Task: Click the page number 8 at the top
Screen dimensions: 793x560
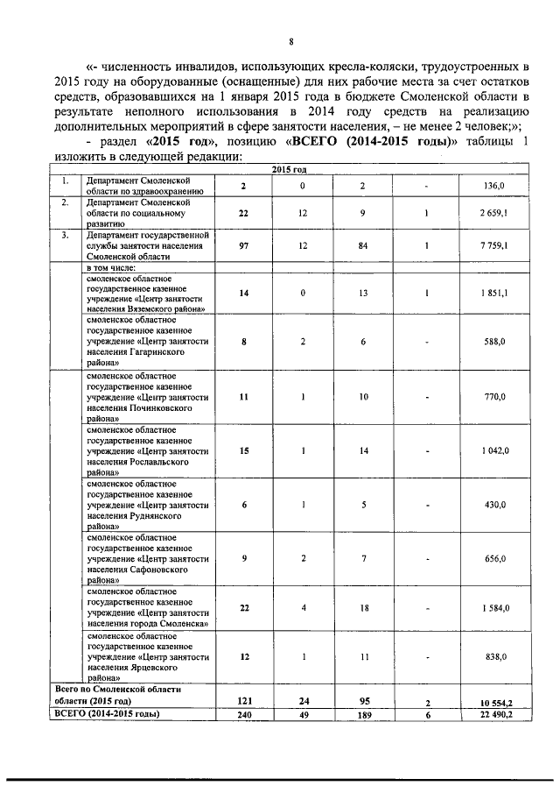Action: tap(290, 41)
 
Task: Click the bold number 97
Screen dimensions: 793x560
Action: tap(244, 246)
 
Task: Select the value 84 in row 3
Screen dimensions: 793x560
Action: tap(361, 246)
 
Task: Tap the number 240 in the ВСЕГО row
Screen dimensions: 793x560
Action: tap(244, 715)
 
